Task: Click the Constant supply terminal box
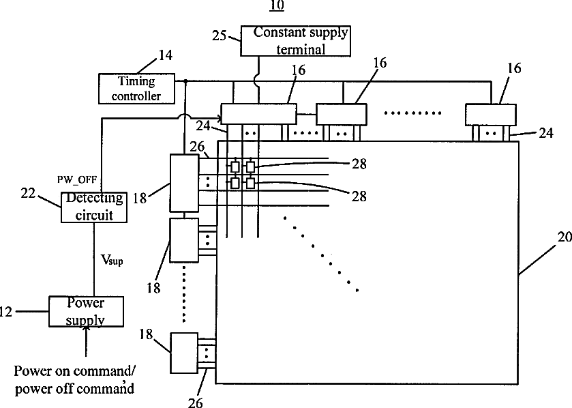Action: [x=295, y=41]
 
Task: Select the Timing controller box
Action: [x=136, y=89]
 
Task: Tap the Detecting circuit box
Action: [x=94, y=207]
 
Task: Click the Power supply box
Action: [x=86, y=311]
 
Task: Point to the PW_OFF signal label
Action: [x=77, y=179]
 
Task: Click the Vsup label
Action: [x=112, y=260]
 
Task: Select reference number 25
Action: [x=220, y=35]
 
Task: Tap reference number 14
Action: [x=165, y=55]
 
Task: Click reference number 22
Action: [x=28, y=193]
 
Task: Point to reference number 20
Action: [x=565, y=237]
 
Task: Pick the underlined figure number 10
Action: [x=277, y=5]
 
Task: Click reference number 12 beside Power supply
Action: [x=6, y=312]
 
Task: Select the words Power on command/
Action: [x=75, y=371]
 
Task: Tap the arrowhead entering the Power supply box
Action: [x=86, y=329]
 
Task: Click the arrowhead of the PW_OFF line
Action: [x=220, y=118]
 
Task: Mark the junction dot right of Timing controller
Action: [x=185, y=81]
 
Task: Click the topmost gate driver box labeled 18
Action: [x=185, y=183]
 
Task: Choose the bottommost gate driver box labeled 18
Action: [x=184, y=353]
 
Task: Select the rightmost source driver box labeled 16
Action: [x=491, y=115]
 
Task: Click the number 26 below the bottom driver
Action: [x=195, y=402]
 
